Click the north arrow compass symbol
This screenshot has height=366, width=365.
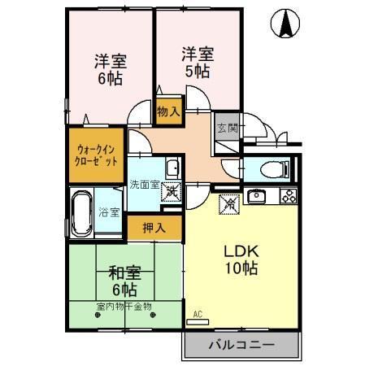287,24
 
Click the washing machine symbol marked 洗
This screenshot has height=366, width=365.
172,194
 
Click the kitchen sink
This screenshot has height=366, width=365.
257,196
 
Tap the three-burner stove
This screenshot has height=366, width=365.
288,196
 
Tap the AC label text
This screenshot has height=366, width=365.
198,314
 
